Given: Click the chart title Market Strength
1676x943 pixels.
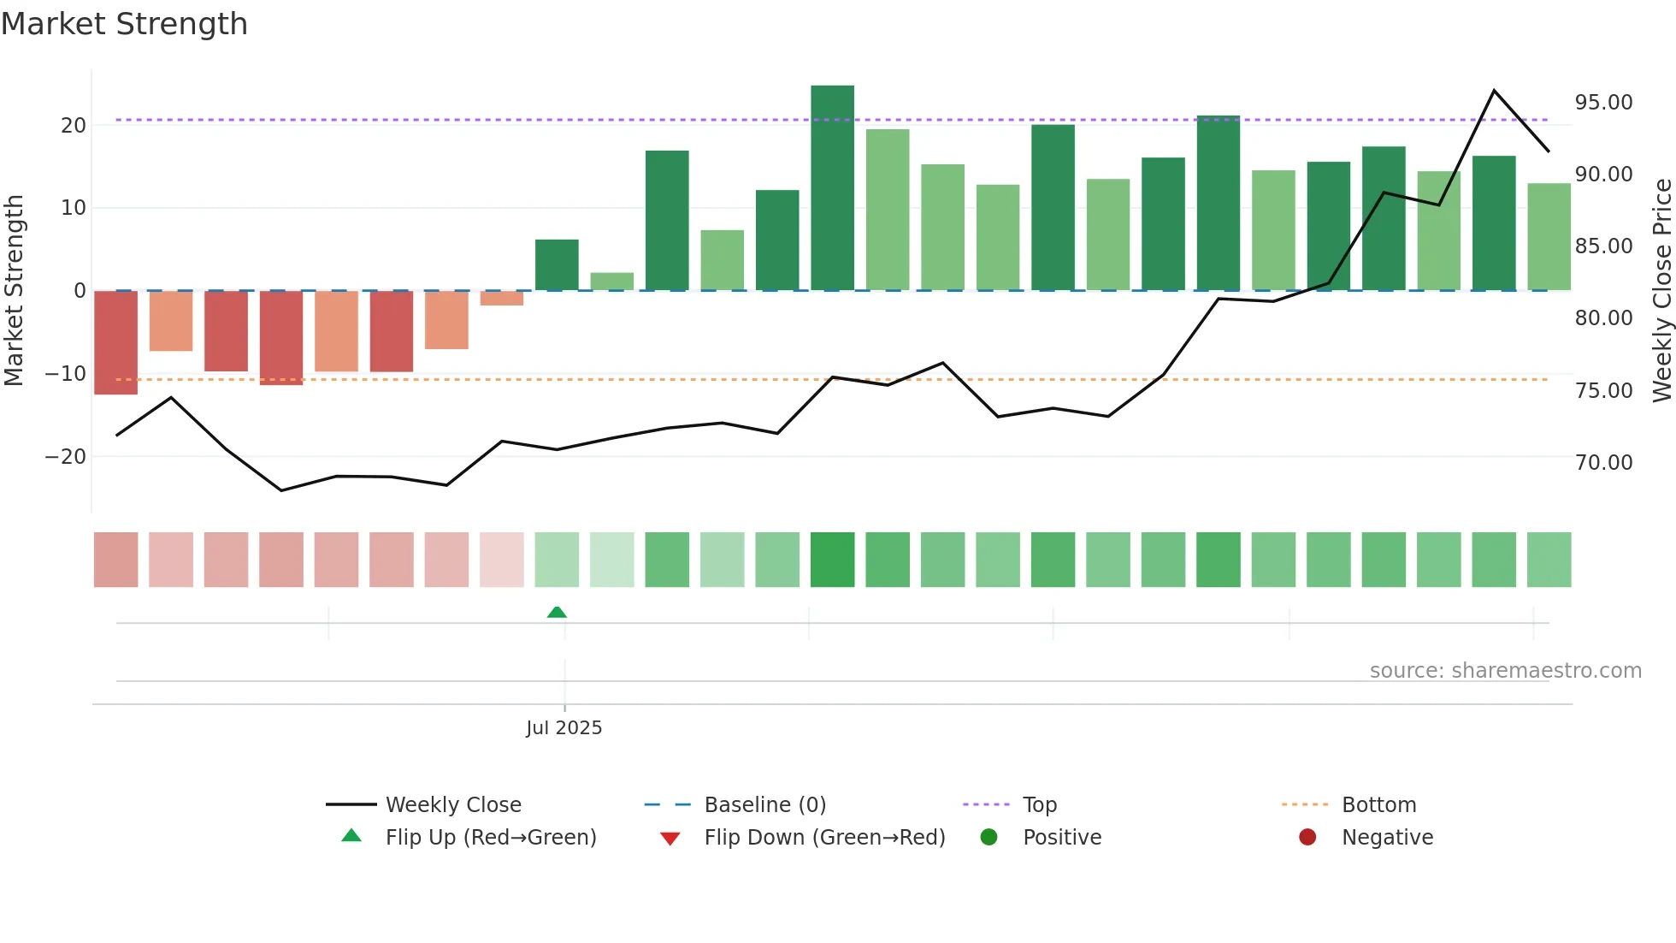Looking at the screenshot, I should point(124,24).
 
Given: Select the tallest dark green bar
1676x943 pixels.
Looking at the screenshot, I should point(832,188).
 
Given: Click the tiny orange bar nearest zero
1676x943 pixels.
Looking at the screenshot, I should point(501,298).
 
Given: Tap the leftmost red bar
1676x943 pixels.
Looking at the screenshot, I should point(115,342).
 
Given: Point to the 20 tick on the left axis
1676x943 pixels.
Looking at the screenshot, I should point(74,125).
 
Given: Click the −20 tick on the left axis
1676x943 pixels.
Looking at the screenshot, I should point(66,456).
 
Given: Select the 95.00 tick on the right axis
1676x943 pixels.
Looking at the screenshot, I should point(1603,103).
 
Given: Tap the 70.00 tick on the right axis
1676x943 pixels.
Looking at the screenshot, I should point(1603,463).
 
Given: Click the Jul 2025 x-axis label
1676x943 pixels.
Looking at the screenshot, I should point(564,728).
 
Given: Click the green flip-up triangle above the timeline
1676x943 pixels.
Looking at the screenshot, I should point(557,612).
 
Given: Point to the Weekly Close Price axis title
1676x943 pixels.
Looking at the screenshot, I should point(1661,291).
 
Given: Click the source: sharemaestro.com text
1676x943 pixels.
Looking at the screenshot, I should point(1505,671).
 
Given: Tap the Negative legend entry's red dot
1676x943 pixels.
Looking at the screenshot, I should point(1307,838).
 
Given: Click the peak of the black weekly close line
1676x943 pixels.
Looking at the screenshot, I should point(1494,91).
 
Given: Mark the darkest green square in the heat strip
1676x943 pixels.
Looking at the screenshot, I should point(832,560).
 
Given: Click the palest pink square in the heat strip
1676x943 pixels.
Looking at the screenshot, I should point(501,560).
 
